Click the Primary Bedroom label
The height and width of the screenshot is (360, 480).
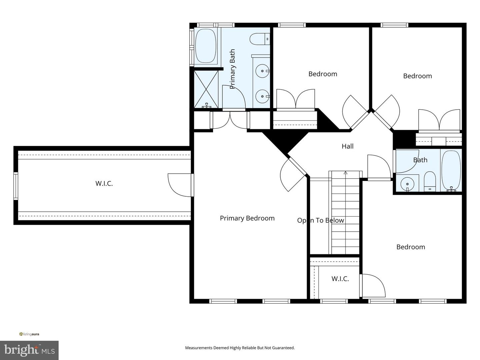tap(247, 218)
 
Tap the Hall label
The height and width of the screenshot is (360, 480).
tap(347, 146)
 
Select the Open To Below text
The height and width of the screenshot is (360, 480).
tap(320, 220)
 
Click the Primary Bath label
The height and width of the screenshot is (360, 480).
tap(232, 69)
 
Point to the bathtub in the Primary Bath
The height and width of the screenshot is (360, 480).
tap(205, 46)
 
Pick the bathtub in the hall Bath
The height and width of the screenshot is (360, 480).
tap(451, 170)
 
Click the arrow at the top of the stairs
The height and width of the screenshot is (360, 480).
tap(345, 173)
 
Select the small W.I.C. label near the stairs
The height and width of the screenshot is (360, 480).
tap(340, 279)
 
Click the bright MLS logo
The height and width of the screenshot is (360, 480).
tap(29, 350)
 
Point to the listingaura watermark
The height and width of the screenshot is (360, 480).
tap(29, 334)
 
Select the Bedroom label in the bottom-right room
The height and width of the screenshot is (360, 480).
tap(410, 247)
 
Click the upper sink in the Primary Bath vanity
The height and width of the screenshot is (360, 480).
tap(262, 71)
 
